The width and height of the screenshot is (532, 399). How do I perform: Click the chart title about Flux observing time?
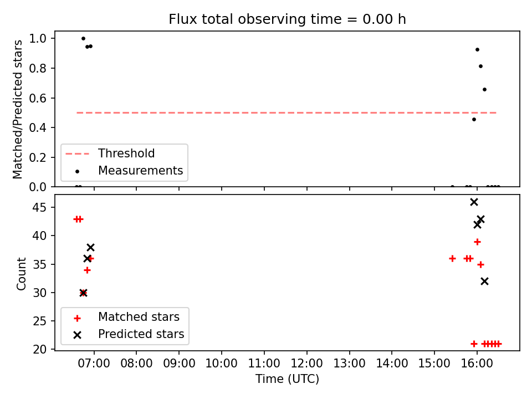click(287, 19)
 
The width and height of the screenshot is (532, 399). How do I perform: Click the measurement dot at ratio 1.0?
click(84, 38)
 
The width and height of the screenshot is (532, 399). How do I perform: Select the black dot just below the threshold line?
click(474, 120)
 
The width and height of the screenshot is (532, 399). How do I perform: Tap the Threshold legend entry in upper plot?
click(110, 154)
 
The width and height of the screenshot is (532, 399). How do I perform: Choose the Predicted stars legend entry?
click(129, 334)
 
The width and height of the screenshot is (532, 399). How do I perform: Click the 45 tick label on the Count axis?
click(39, 207)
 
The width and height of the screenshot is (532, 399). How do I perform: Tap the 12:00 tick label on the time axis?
click(306, 364)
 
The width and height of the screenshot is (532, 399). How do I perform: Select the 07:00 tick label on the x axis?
click(94, 364)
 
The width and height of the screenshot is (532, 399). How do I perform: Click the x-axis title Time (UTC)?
click(287, 378)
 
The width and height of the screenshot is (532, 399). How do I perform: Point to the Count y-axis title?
click(21, 274)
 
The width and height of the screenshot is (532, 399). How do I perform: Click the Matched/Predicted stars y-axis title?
click(18, 109)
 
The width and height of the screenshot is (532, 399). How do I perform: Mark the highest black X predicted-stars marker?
click(474, 202)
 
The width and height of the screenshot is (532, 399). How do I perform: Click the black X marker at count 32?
click(484, 282)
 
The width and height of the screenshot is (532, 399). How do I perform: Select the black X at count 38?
click(90, 247)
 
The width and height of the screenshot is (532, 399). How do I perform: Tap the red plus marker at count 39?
click(477, 242)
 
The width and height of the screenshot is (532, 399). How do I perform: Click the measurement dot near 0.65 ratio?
click(484, 90)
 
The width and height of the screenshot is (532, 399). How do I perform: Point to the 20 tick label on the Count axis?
click(39, 349)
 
